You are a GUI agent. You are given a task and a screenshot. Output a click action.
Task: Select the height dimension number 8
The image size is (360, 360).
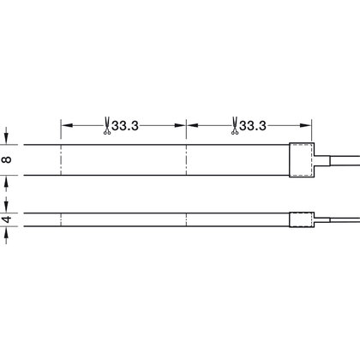pyautogui.click(x=7, y=159)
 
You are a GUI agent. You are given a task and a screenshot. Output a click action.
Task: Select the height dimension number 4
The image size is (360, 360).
pyautogui.click(x=7, y=219)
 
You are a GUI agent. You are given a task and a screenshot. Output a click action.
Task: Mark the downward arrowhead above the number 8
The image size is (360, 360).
pyautogui.click(x=7, y=138)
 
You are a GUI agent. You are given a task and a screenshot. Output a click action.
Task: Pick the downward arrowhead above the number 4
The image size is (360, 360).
pyautogui.click(x=7, y=205)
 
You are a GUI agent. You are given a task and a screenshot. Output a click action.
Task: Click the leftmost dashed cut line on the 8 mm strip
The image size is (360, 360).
pyautogui.click(x=60, y=159)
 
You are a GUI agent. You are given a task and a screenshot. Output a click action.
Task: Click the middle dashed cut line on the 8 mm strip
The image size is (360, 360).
pyautogui.click(x=188, y=159)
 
